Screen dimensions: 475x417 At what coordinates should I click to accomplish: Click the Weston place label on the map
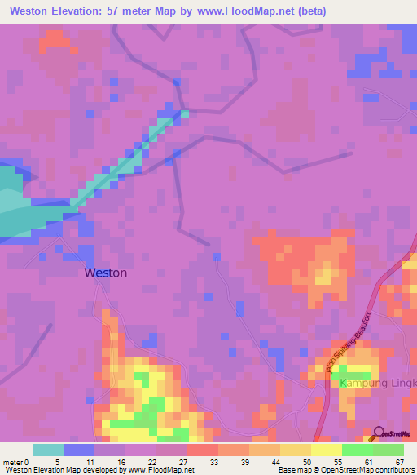106,273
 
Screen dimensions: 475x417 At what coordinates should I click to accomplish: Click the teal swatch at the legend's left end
47,450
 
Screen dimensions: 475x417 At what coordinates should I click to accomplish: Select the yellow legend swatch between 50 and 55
294,450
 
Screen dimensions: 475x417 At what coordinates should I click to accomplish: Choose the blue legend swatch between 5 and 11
78,450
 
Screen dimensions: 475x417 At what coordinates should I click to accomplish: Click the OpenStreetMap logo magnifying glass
379,432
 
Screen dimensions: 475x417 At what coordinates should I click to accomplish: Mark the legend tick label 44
277,462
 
